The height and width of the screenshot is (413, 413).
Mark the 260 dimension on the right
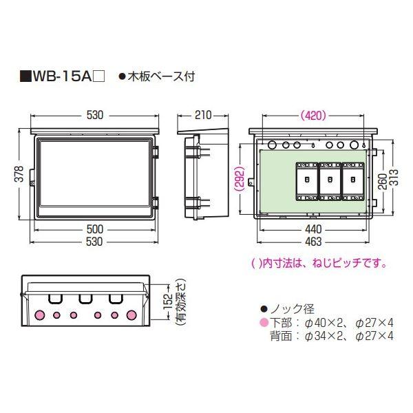coord(383,180)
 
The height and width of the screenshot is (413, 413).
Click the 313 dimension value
coord(394,180)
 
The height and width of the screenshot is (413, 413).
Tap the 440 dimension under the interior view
coord(311,229)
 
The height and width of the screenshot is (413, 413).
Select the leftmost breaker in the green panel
coord(306,180)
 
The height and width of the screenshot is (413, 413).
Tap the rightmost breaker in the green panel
coord(352,180)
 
